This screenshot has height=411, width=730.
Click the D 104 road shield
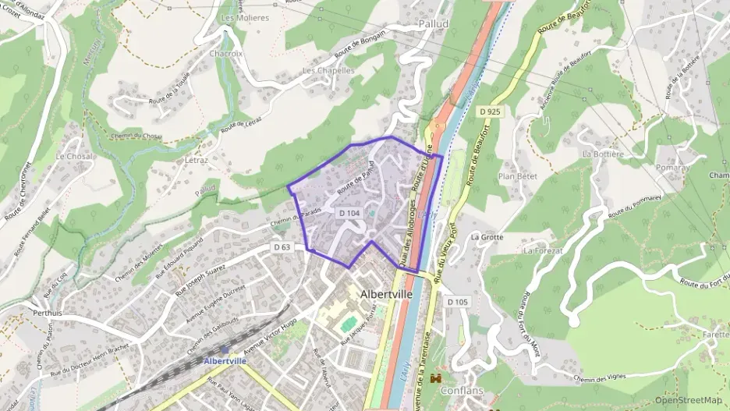pyautogui.click(x=349, y=213)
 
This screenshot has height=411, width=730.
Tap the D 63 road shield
pyautogui.click(x=282, y=247)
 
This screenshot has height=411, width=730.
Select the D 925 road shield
pyautogui.click(x=490, y=112)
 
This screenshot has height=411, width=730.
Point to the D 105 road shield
pyautogui.click(x=457, y=301)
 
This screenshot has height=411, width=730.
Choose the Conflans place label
pyautogui.click(x=462, y=391)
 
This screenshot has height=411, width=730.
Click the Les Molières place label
pyautogui.click(x=245, y=17)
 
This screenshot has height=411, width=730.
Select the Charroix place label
pyautogui.click(x=226, y=54)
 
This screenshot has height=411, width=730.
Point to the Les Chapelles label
pyautogui.click(x=328, y=70)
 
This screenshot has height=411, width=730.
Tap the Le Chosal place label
pyautogui.click(x=74, y=156)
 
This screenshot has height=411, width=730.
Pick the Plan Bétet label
pyautogui.click(x=518, y=176)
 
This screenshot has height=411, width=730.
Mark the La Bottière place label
pyautogui.click(x=603, y=154)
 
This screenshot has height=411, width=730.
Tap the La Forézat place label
pyautogui.click(x=543, y=251)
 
